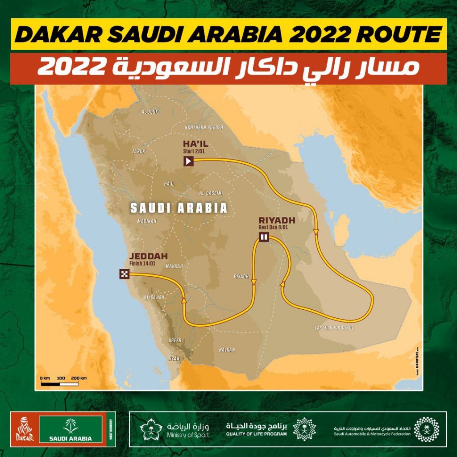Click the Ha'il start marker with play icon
pyautogui.click(x=189, y=161)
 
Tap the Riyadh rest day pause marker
pyautogui.click(x=264, y=237)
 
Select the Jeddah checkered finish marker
pyautogui.click(x=124, y=274)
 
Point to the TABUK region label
pyautogui.click(x=139, y=152)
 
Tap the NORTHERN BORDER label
pyautogui.click(x=204, y=127)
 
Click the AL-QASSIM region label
pyautogui.click(x=211, y=193)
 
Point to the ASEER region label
pyautogui.click(x=174, y=340)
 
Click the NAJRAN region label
pyautogui.click(x=227, y=350)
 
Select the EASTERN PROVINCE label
pyautogui.click(x=334, y=328)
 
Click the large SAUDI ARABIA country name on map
pyautogui.click(x=179, y=208)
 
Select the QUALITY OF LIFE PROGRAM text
pyautogui.click(x=256, y=434)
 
